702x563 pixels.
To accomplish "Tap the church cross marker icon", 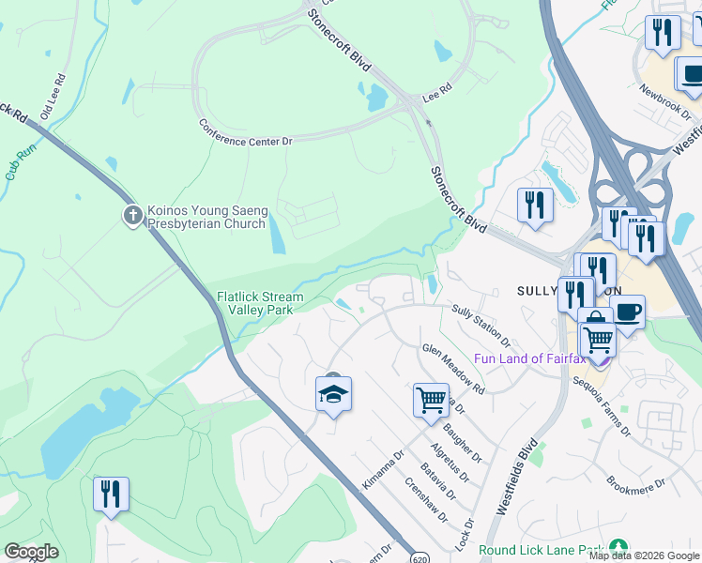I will coord(133,216).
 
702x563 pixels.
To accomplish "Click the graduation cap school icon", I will coord(333,395).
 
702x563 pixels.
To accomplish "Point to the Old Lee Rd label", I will coord(57,90).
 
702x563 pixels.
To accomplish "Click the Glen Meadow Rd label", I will coord(453,369).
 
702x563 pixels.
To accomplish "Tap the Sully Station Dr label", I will coord(481,325).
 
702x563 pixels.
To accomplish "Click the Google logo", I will coord(31,552).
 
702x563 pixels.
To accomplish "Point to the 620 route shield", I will coord(419,556).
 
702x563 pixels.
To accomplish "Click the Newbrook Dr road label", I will coord(664,102).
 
